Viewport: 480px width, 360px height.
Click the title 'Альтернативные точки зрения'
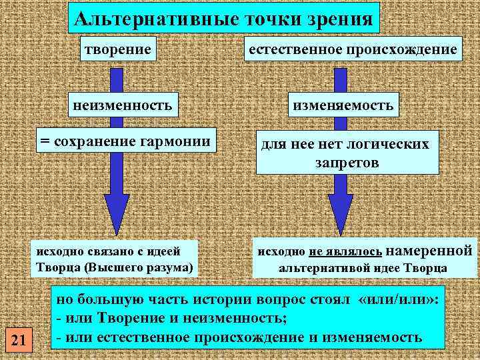[224, 17]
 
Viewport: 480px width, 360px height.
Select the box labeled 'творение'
[116, 49]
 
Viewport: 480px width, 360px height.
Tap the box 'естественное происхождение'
[353, 49]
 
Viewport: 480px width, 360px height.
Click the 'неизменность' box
[127, 105]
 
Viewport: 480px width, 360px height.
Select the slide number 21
[19, 341]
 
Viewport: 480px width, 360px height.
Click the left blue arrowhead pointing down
[116, 213]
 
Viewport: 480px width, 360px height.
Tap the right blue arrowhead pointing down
[341, 213]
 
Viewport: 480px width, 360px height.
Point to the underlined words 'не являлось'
[346, 252]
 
